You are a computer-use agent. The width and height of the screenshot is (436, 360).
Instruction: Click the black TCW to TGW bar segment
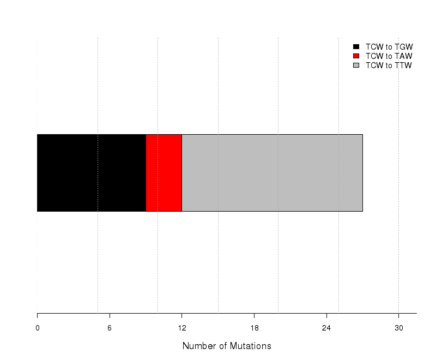[x=92, y=173]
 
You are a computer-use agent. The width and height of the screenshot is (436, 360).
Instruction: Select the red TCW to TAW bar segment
[x=164, y=173]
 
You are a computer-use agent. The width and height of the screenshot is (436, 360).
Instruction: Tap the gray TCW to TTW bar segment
[x=272, y=173]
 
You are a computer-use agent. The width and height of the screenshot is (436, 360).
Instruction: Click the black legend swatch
[x=356, y=47]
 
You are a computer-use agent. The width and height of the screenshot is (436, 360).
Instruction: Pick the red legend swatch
[x=356, y=56]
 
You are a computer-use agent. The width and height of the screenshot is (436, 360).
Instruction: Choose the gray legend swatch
[x=356, y=65]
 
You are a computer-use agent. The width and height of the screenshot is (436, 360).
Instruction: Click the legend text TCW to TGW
[x=389, y=47]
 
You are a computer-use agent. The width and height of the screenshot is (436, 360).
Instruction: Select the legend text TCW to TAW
[x=389, y=56]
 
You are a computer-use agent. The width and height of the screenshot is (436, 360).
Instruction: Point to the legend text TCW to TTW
[x=389, y=65]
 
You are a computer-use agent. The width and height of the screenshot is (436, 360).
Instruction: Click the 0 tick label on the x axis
[x=37, y=328]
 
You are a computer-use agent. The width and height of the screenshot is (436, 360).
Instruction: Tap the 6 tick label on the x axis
[x=110, y=328]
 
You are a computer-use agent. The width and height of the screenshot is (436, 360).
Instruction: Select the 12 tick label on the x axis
[x=182, y=328]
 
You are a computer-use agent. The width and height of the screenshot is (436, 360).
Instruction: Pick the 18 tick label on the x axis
[x=254, y=328]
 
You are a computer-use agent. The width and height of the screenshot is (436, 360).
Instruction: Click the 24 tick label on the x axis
[x=326, y=328]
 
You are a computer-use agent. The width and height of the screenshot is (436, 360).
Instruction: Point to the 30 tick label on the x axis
[x=399, y=328]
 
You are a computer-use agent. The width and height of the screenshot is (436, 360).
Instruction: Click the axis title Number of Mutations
[x=227, y=346]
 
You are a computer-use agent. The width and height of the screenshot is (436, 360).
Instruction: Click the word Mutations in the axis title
[x=251, y=346]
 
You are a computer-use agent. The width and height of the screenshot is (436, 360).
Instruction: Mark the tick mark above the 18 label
[x=254, y=316]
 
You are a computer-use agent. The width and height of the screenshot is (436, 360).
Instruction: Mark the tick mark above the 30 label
[x=399, y=316]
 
